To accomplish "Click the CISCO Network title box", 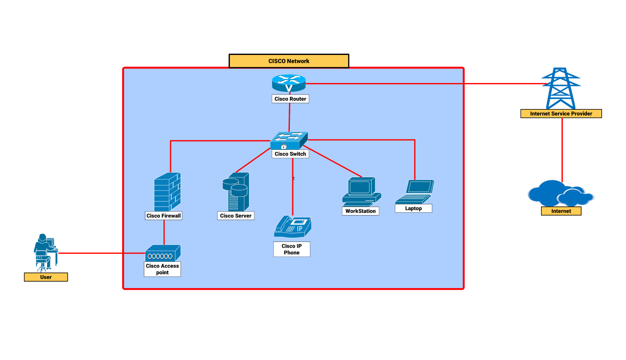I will pos(289,61).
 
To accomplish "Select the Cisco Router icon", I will pos(289,83).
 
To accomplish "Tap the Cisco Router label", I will pos(290,99).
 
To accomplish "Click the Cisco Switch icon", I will pos(289,141).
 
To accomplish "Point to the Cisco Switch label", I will pos(290,154).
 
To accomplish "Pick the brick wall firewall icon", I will pos(167,192).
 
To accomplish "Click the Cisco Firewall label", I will pos(164,216).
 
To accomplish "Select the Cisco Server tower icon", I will pos(236,192).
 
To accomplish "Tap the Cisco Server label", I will pos(235,216).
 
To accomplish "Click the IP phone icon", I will pos(293,227).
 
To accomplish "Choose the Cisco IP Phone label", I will pos(292,249).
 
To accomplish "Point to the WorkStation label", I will pos(360,211).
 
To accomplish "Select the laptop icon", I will pos(415,192).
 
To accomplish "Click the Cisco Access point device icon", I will pos(163,253).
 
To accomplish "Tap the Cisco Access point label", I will pos(162,269).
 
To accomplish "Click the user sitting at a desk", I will pos(45,252).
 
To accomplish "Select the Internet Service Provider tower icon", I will pos(561,88).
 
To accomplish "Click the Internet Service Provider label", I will pos(561,114).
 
